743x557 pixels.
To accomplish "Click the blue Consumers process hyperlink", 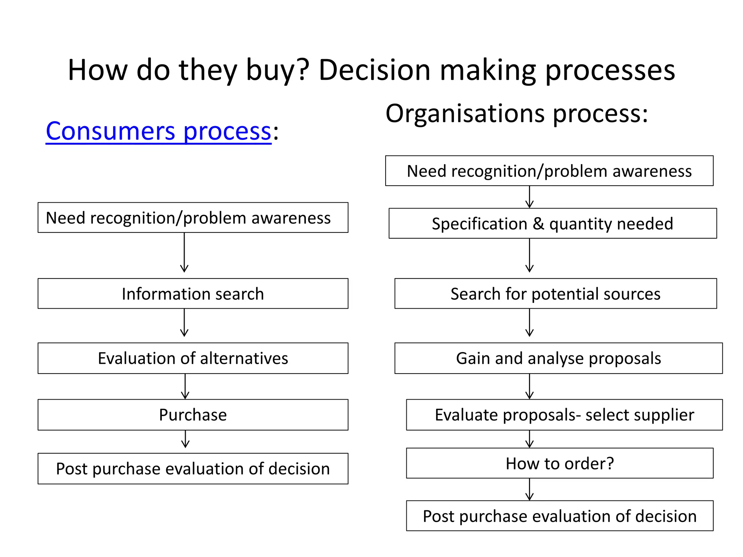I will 158,131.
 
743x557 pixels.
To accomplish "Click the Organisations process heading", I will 516,114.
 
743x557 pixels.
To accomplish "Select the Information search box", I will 193,294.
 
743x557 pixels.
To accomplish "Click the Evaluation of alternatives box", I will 193,358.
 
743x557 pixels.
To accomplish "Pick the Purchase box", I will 193,415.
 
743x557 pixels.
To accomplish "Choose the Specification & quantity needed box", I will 552,223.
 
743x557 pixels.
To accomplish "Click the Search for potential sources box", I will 555,294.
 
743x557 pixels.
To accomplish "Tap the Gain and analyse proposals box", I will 558,358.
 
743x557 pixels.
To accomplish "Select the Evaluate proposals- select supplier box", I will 564,415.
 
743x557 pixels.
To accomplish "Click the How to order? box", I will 559,463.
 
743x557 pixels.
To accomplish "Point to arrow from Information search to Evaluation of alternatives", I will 184,323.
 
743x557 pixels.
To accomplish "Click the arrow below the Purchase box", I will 185,439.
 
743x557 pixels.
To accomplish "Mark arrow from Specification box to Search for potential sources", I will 529,256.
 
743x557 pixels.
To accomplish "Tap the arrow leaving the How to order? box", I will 529,490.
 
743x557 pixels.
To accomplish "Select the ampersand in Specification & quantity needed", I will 538,224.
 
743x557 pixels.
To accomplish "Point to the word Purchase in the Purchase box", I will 193,415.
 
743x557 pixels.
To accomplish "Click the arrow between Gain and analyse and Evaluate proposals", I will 529,387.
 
